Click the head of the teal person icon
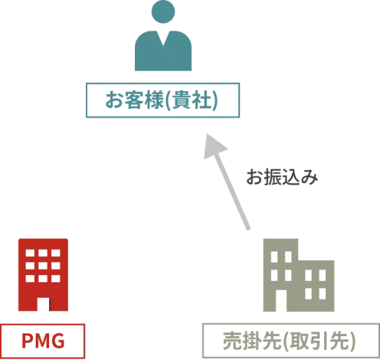(x=163, y=11)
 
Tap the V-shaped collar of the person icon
(x=163, y=38)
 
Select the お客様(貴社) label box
(x=162, y=100)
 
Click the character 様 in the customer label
(x=153, y=100)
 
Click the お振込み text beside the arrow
(x=282, y=177)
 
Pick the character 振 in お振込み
(x=273, y=177)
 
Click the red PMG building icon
(x=43, y=275)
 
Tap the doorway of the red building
(x=43, y=304)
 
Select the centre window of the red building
(x=43, y=266)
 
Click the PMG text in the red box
(x=43, y=341)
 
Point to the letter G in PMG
(x=57, y=341)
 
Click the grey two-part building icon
(x=299, y=275)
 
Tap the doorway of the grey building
(x=281, y=300)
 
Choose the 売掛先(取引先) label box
(x=291, y=341)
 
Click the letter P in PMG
(x=27, y=341)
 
